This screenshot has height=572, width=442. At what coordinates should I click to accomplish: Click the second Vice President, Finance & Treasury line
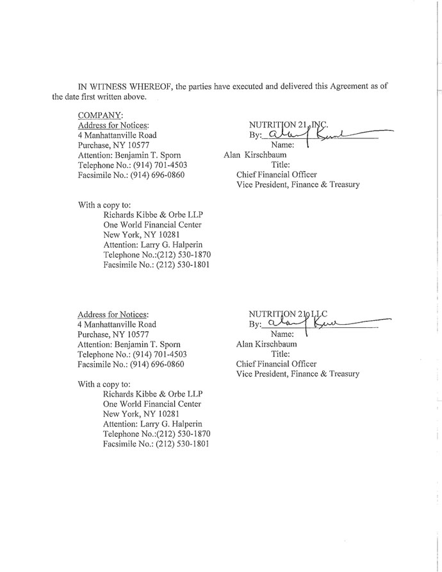point(298,373)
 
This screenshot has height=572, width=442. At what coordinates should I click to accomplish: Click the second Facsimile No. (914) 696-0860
point(131,364)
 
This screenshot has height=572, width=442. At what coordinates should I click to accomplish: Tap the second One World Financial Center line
point(152,404)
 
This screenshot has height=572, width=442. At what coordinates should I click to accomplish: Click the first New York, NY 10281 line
point(139,234)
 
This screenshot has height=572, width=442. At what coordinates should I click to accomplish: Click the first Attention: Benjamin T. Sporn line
point(129,155)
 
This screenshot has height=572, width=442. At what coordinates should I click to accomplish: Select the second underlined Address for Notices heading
point(113,315)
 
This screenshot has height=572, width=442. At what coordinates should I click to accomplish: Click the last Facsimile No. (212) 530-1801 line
point(156,444)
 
